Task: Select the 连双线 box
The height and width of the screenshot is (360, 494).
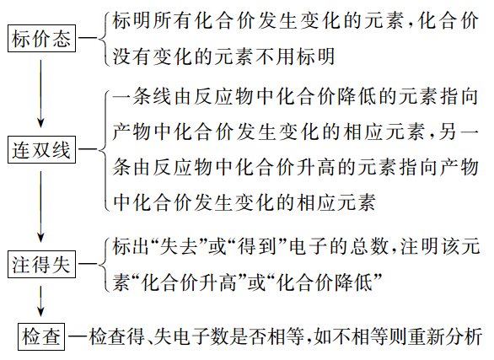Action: (41, 151)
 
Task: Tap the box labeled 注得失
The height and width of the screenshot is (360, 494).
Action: (41, 264)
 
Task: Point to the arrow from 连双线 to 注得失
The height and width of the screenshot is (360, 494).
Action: (41, 207)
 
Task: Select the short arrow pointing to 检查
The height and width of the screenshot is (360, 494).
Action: (41, 299)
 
